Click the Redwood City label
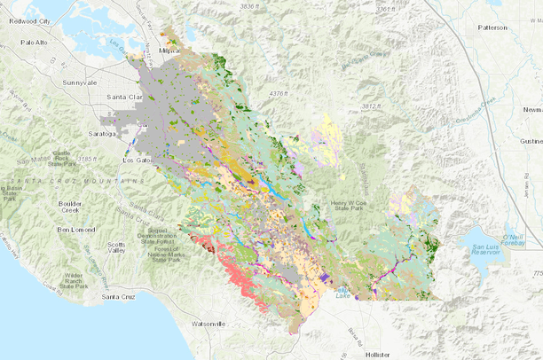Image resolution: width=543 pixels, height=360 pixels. point(28,19)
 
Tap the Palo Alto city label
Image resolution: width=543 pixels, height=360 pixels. point(33,42)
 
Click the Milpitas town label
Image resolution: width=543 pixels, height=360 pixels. point(169,51)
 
